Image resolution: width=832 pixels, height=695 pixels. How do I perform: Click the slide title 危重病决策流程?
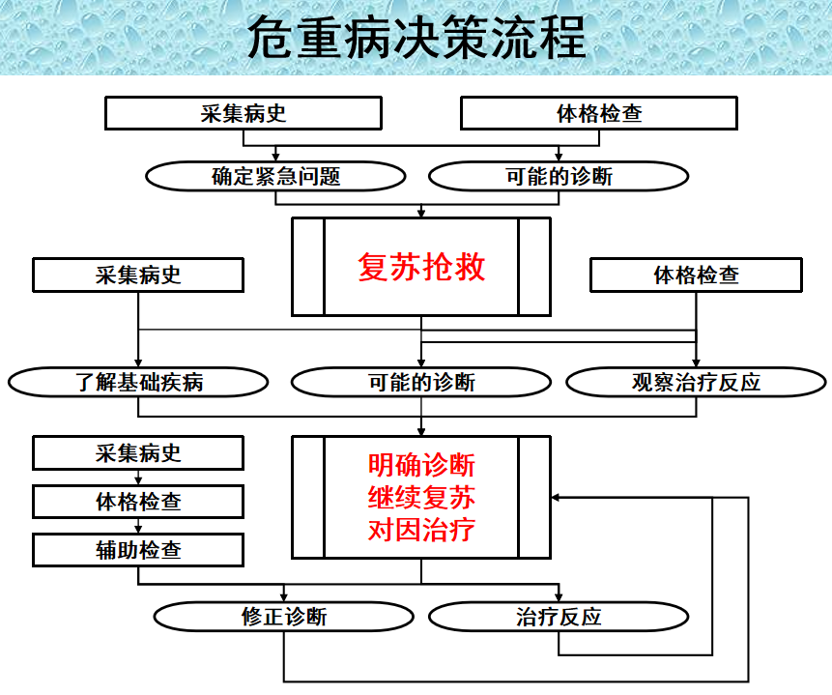(x=416, y=37)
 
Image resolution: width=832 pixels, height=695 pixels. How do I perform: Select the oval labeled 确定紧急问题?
(x=276, y=176)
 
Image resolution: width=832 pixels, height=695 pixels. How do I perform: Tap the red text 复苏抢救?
(x=421, y=267)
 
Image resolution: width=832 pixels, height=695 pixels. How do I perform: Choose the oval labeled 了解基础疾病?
(x=138, y=382)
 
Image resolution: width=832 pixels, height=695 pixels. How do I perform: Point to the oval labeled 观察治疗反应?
(x=696, y=382)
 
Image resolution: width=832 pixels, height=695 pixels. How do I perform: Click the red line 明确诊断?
(x=421, y=465)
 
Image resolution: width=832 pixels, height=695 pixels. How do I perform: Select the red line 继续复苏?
(x=421, y=498)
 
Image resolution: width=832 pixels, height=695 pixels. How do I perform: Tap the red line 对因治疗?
(x=421, y=530)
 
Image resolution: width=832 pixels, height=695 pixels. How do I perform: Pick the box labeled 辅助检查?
(x=138, y=550)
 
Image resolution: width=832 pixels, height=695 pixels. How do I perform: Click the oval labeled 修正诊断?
(x=284, y=617)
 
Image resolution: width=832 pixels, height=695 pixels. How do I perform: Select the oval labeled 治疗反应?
(x=559, y=617)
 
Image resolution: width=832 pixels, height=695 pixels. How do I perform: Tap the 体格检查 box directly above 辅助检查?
(x=138, y=502)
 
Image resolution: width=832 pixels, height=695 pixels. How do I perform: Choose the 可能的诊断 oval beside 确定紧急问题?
(x=559, y=176)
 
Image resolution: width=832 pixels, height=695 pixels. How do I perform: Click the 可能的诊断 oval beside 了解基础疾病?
(x=421, y=382)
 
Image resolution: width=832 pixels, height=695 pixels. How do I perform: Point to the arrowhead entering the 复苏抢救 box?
(x=421, y=213)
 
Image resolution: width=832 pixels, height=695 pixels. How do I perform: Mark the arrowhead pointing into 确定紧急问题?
(x=276, y=157)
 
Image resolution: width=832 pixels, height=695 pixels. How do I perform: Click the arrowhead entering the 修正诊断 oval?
(x=284, y=596)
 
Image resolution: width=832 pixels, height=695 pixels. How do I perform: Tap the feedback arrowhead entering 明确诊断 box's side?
(x=556, y=498)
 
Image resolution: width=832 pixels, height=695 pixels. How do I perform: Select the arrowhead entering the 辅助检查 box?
(x=138, y=529)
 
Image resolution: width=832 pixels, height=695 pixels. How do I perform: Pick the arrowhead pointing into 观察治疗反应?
(x=696, y=362)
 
